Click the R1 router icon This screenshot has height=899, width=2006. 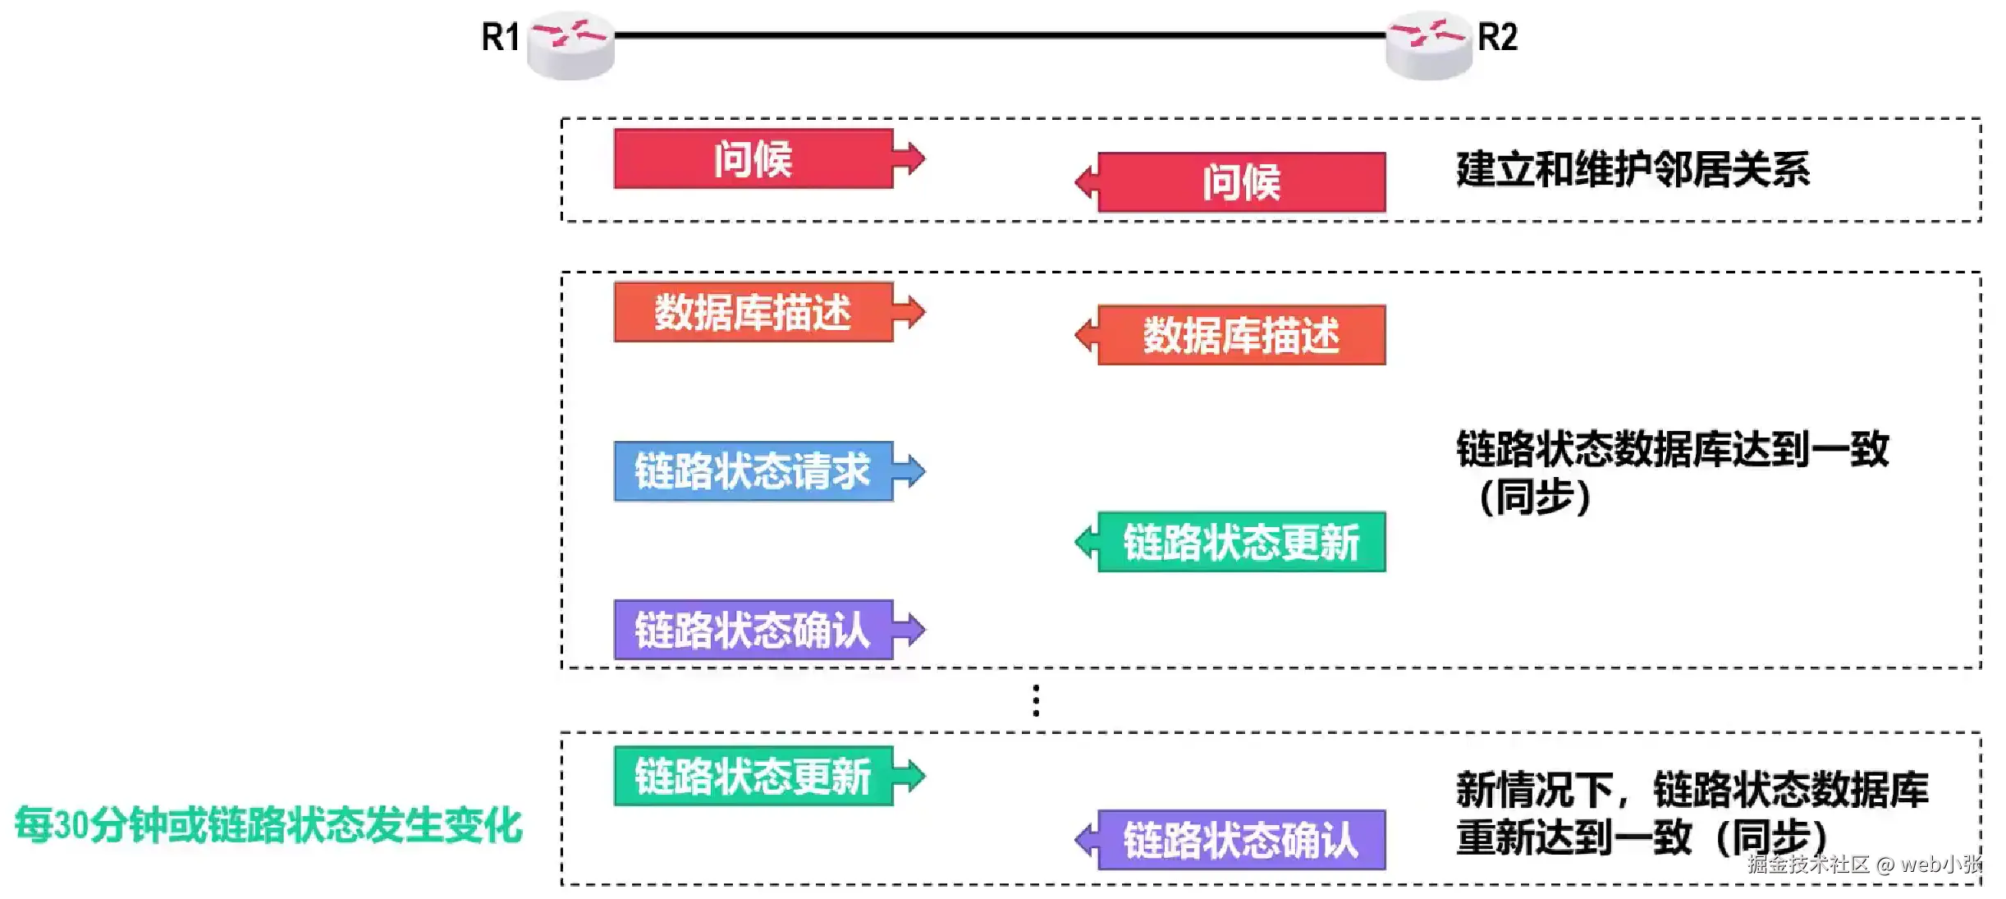click(570, 45)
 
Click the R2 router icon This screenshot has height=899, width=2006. click(1429, 45)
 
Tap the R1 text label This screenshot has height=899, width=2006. click(500, 37)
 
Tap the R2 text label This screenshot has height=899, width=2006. click(1498, 37)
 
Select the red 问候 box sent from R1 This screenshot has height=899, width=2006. click(753, 158)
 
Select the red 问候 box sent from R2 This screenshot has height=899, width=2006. click(1241, 182)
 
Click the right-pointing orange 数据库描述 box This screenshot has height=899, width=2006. click(753, 312)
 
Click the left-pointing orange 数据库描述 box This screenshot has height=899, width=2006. click(1241, 335)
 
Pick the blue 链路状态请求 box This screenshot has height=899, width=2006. click(753, 471)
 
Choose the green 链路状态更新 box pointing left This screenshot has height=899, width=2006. click(1241, 542)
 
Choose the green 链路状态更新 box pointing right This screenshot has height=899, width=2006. click(753, 776)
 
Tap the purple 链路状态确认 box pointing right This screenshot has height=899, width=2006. click(753, 630)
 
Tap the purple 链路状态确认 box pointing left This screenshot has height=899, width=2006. click(1241, 840)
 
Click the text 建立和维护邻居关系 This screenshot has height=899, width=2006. click(1633, 170)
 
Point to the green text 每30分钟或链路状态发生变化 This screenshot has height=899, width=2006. click(268, 825)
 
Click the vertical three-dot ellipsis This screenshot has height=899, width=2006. click(1036, 700)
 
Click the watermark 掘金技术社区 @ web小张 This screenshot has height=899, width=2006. click(1865, 864)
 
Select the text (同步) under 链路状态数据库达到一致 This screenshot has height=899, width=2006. click(1534, 497)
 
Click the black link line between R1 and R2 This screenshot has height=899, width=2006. click(1000, 35)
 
